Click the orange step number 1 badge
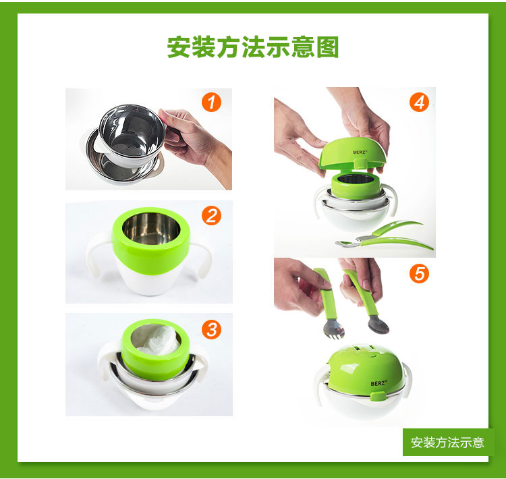(211, 103)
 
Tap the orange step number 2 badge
(211, 216)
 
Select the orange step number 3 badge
(211, 329)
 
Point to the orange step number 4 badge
(419, 103)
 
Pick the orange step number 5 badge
(419, 273)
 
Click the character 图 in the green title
(327, 47)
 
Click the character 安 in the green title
(179, 47)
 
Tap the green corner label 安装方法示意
(447, 443)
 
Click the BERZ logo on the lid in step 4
(360, 152)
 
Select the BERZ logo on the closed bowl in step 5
(378, 383)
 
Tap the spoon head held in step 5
(378, 325)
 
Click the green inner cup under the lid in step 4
(356, 186)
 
